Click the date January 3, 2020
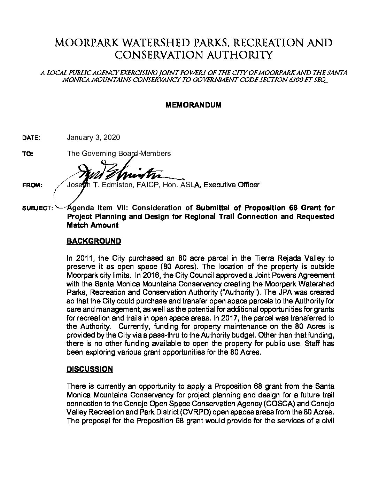click(93, 137)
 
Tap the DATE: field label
click(31, 138)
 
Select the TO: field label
click(28, 154)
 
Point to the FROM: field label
click(32, 185)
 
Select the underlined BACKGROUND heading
click(94, 241)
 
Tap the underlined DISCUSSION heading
click(90, 369)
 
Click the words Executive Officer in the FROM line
click(231, 185)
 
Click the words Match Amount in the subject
click(92, 225)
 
